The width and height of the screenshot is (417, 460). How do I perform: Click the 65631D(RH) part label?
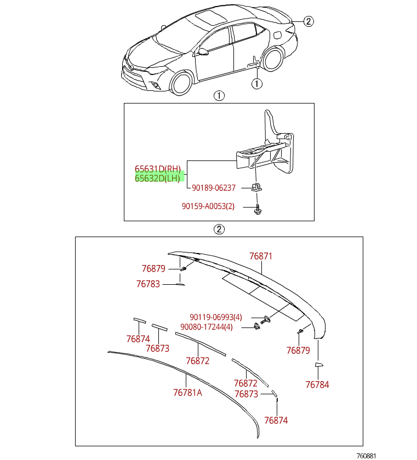coord(158,169)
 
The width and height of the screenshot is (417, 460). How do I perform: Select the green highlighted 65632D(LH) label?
coord(158,178)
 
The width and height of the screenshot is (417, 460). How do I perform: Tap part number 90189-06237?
coord(214,188)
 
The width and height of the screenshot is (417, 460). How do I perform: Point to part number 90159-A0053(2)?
coord(208,206)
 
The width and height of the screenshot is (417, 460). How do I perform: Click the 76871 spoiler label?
coord(260,256)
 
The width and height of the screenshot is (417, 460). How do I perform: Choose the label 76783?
coord(148,284)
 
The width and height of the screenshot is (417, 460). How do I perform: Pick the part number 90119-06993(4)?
coord(215,317)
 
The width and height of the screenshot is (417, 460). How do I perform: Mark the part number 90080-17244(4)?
coord(206,327)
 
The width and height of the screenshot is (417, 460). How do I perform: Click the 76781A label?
coord(187,392)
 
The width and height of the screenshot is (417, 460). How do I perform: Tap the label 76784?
coord(317,384)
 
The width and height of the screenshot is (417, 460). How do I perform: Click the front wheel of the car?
coord(182,83)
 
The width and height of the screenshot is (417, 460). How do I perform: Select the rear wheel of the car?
coord(272,59)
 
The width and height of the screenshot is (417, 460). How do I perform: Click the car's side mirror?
coord(204,52)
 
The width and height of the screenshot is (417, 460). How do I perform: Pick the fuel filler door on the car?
coord(278,36)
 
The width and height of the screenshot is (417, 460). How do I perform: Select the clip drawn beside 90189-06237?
coord(256,187)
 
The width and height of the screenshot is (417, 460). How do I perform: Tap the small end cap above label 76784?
coord(319,365)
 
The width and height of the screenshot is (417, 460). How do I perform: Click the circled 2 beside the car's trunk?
coord(309,21)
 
